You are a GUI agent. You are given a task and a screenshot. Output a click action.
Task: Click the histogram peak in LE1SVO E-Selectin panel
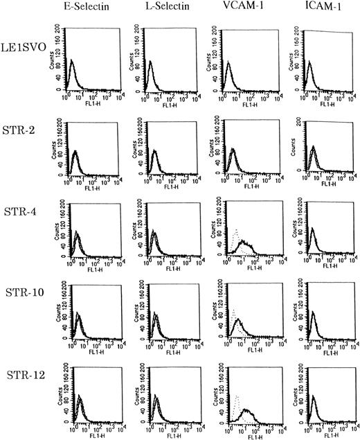click(71, 62)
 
